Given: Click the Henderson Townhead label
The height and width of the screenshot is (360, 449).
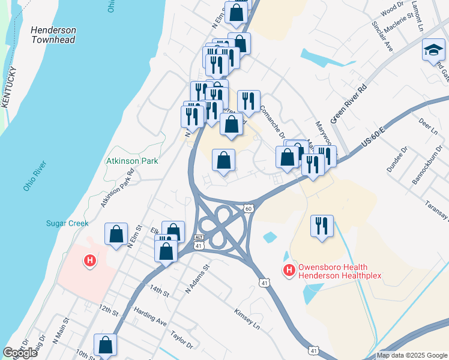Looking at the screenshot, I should pyautogui.click(x=53, y=35).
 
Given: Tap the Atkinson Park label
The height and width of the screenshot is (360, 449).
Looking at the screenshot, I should pyautogui.click(x=132, y=161).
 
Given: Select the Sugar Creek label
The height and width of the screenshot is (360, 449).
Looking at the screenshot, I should pyautogui.click(x=67, y=223).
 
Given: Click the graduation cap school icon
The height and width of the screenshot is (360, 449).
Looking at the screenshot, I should pyautogui.click(x=433, y=50).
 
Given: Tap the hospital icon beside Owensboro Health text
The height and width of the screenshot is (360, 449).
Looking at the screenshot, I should pyautogui.click(x=289, y=271).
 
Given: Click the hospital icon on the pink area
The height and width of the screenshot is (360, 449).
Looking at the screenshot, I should pyautogui.click(x=90, y=261).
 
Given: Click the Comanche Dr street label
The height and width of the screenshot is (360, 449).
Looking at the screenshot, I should pyautogui.click(x=271, y=121).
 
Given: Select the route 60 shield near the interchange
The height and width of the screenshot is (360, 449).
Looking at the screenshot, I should pyautogui.click(x=248, y=208).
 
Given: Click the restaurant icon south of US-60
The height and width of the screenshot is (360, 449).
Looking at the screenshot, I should pyautogui.click(x=322, y=226).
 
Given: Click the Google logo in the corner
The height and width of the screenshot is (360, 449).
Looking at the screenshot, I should pyautogui.click(x=20, y=353).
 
